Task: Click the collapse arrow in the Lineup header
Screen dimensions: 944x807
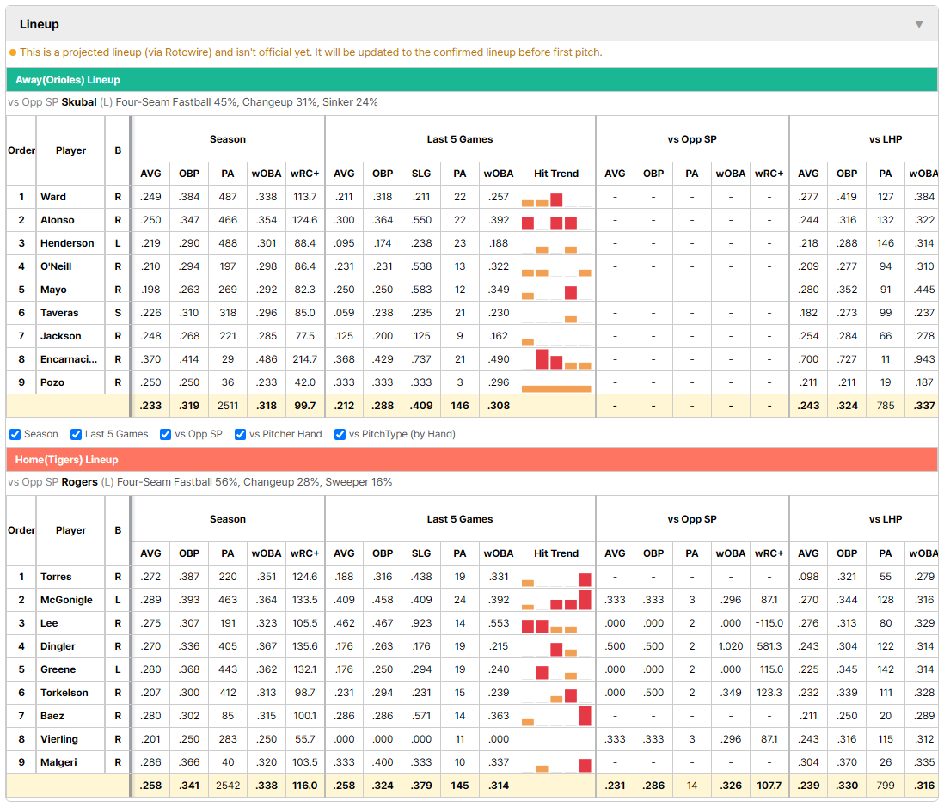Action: tap(919, 24)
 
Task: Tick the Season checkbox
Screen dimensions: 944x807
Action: tap(15, 435)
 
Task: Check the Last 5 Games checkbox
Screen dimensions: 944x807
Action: tap(76, 435)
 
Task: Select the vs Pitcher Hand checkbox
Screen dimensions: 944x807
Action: tap(240, 435)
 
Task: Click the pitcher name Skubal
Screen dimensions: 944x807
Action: tap(79, 102)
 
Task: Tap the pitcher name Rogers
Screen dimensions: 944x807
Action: tap(79, 482)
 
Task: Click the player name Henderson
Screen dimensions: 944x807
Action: tap(67, 243)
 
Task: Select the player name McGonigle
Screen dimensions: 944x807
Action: tap(67, 600)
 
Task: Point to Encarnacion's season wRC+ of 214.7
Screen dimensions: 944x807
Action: tap(304, 359)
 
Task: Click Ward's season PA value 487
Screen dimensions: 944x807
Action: tap(228, 197)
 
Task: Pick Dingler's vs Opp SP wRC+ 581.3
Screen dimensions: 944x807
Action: tap(769, 646)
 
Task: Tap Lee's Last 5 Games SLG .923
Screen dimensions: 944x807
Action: tap(421, 623)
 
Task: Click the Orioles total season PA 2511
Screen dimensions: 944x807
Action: tap(228, 406)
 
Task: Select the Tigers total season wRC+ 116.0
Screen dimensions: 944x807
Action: tap(304, 786)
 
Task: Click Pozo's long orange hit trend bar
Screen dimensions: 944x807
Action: tap(556, 388)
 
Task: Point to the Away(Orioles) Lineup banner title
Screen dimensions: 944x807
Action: tap(67, 80)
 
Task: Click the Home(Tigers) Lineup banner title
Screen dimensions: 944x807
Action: tap(67, 460)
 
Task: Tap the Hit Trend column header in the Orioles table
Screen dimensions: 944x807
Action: tap(556, 174)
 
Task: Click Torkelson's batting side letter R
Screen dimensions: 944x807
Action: tap(118, 693)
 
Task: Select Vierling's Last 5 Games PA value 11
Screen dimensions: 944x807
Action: tap(460, 739)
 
